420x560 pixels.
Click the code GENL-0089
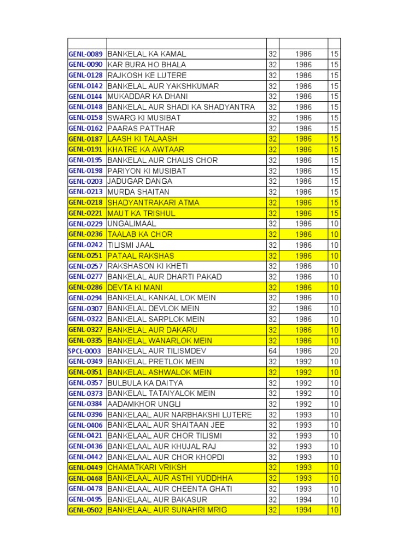tap(86, 54)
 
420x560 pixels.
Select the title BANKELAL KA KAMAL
tap(147, 54)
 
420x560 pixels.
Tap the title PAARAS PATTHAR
tap(141, 129)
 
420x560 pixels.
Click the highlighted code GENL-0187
tap(86, 139)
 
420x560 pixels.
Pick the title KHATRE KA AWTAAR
tap(145, 149)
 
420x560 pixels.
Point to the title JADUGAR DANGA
tap(139, 181)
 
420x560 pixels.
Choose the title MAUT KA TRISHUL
tap(141, 213)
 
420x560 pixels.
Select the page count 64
tap(272, 351)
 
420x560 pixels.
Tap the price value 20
tap(334, 351)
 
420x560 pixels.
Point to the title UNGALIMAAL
tap(132, 224)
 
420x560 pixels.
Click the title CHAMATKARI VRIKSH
tap(147, 468)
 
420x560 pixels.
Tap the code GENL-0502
tap(86, 510)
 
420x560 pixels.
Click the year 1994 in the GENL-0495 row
tap(303, 499)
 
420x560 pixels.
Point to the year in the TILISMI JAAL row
tap(303, 245)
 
